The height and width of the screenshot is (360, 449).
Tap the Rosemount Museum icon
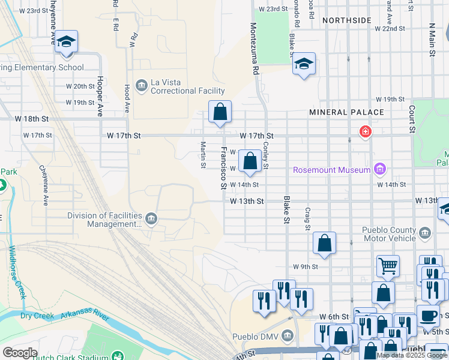click(379, 170)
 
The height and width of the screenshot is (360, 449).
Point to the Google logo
click(20, 353)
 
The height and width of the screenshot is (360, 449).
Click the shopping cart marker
click(388, 265)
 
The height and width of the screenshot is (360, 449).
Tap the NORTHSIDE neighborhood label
click(346, 20)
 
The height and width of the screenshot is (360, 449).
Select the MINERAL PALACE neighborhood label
click(346, 112)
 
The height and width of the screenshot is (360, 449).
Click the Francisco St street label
click(223, 169)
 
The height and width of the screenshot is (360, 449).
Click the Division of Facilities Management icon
click(151, 218)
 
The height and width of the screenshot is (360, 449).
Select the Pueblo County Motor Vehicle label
click(389, 234)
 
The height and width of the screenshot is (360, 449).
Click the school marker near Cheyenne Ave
click(67, 41)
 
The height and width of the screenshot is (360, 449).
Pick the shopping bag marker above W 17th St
click(220, 111)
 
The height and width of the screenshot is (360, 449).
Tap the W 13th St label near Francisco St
click(247, 202)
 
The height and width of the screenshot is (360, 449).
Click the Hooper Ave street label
click(100, 96)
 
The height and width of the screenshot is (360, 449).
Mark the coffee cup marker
click(428, 314)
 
